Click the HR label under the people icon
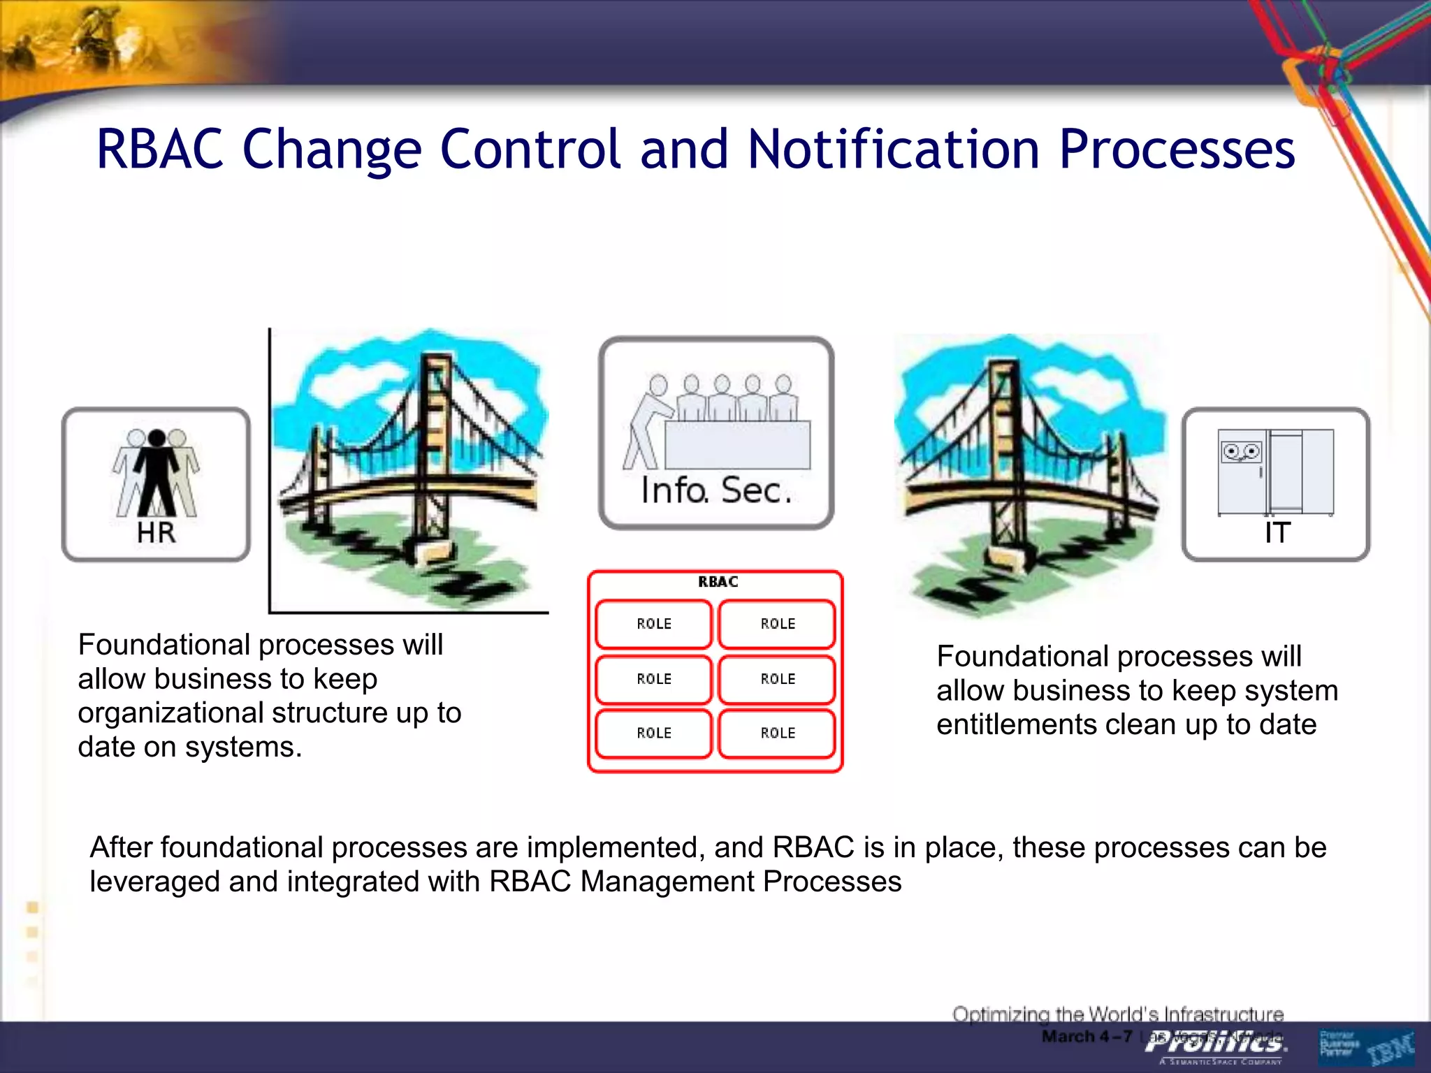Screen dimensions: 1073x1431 click(x=156, y=532)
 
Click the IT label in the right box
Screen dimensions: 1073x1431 click(x=1277, y=532)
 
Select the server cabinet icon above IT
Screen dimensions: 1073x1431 click(x=1276, y=472)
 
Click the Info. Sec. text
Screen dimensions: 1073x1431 click(x=716, y=490)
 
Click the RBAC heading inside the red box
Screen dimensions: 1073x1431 click(x=718, y=582)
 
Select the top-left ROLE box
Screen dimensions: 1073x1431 click(x=653, y=624)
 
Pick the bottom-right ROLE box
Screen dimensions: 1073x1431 click(x=777, y=733)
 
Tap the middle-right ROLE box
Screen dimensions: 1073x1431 click(x=777, y=679)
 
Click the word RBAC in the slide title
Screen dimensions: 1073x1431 click(x=160, y=149)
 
